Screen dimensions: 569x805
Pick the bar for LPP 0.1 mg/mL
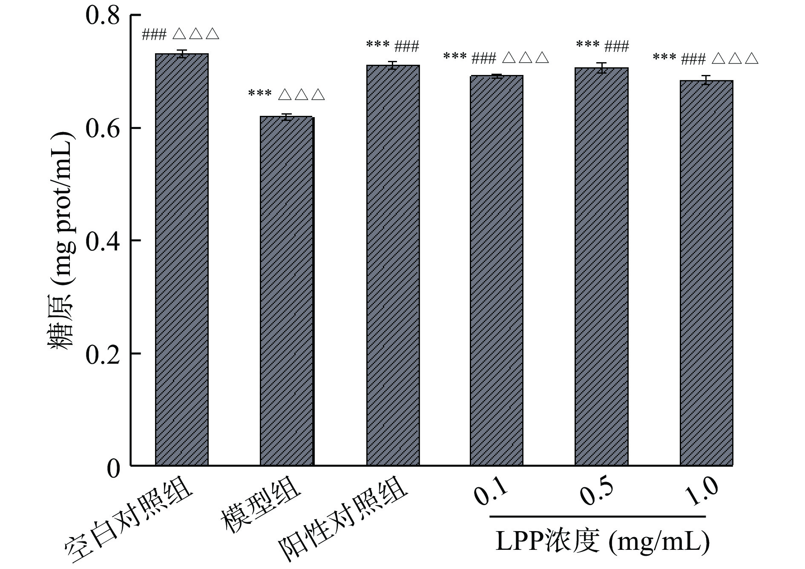coord(497,270)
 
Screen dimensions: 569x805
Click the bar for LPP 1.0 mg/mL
coord(706,273)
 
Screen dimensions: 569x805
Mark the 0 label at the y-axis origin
coord(113,468)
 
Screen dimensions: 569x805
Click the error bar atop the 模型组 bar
coord(287,117)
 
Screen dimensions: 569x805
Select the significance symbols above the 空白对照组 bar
coord(181,34)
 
